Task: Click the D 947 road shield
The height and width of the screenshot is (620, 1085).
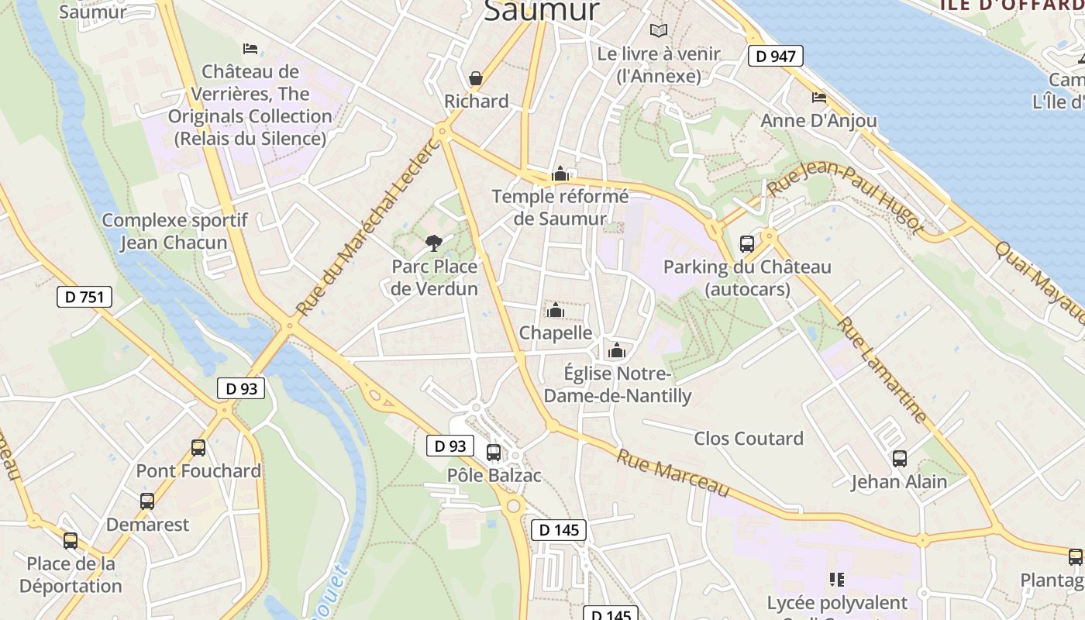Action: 775,55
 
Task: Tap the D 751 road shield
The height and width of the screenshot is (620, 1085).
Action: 84,297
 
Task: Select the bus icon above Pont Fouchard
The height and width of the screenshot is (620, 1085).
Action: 198,447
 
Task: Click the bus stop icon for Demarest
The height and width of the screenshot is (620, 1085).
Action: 147,501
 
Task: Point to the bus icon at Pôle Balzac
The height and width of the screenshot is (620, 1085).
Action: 493,452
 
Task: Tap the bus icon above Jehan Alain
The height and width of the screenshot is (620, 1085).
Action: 899,458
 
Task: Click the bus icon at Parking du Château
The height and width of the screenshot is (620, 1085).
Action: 747,243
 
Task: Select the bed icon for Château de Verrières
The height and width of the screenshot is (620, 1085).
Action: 250,48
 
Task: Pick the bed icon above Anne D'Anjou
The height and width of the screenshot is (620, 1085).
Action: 819,97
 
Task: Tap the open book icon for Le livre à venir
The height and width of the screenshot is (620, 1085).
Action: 659,30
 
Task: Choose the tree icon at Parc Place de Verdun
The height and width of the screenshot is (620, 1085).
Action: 434,243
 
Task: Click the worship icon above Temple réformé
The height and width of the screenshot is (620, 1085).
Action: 560,174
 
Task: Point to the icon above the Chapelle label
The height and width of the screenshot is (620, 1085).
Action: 555,310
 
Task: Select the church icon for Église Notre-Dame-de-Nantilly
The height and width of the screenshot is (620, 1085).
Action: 617,350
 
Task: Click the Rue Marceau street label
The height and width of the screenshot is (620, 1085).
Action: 673,473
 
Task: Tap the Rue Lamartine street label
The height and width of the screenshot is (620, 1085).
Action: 883,370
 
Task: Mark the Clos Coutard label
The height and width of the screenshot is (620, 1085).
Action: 749,439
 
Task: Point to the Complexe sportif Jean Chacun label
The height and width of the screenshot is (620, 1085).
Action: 174,231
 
